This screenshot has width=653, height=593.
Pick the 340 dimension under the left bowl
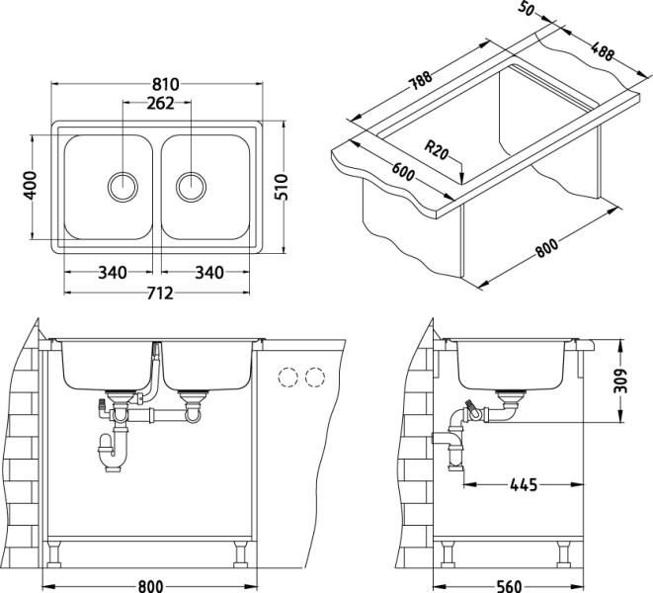point(112,273)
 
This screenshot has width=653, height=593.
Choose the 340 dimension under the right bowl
point(205,273)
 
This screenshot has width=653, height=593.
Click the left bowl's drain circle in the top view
point(122,185)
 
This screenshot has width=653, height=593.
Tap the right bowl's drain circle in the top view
point(191,185)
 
